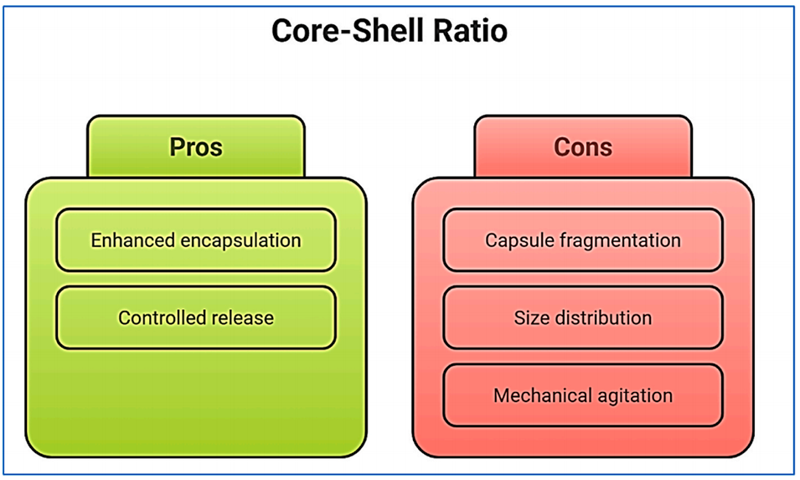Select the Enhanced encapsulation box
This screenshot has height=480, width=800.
pyautogui.click(x=195, y=240)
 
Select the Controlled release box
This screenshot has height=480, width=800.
pyautogui.click(x=195, y=317)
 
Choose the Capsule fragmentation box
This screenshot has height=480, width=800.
pyautogui.click(x=583, y=240)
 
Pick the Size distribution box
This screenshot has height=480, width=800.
pyautogui.click(x=583, y=317)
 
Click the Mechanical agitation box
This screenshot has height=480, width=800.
pyautogui.click(x=583, y=395)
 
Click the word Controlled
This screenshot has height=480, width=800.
pyautogui.click(x=157, y=317)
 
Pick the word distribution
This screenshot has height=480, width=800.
pyautogui.click(x=601, y=317)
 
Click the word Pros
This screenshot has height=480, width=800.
pyautogui.click(x=195, y=146)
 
